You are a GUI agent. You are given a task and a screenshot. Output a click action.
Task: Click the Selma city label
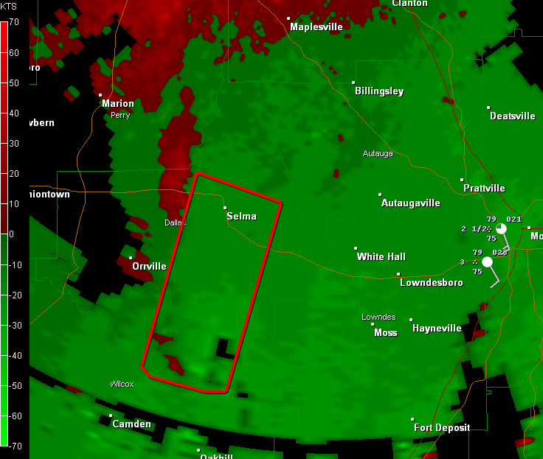(241, 216)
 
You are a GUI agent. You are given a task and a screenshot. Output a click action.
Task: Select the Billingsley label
(379, 91)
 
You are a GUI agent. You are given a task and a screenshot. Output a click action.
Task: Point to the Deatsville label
(512, 116)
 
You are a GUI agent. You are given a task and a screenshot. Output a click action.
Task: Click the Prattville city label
(484, 189)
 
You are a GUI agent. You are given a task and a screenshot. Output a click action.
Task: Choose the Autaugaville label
(410, 203)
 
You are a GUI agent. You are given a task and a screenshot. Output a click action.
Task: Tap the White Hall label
(381, 257)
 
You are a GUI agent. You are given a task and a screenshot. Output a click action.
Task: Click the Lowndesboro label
(431, 283)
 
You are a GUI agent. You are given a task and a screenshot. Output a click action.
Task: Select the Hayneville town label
(437, 329)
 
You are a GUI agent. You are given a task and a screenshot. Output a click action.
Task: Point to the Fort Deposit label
(443, 428)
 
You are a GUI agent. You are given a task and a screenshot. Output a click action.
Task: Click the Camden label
(131, 424)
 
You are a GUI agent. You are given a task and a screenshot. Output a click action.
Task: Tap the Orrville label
(149, 267)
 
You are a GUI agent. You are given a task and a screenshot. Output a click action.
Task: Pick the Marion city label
(118, 104)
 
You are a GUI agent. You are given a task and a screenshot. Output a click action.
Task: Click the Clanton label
(409, 4)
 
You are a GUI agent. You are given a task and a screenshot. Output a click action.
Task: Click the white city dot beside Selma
(225, 209)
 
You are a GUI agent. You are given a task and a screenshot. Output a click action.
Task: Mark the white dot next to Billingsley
(353, 83)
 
